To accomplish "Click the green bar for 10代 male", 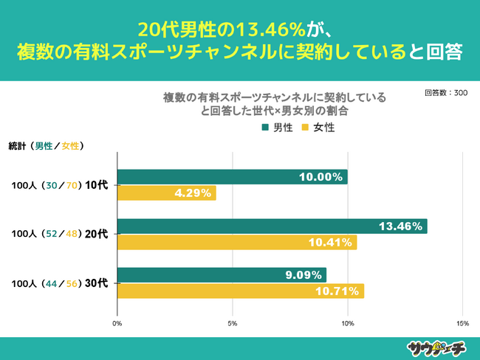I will click(x=232, y=177).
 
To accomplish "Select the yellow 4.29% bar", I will click(x=166, y=193).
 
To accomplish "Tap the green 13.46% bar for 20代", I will click(x=272, y=226).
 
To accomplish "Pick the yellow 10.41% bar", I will click(x=236, y=242).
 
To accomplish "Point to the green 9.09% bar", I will click(x=222, y=275).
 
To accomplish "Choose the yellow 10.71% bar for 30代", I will click(x=240, y=291).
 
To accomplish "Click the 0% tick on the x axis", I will click(x=117, y=323).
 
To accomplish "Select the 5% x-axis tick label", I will click(x=233, y=323).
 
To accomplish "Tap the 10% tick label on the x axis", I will click(x=348, y=323).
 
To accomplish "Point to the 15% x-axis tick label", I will click(x=462, y=323).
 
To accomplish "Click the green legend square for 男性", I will click(x=265, y=128).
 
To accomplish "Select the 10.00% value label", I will click(x=320, y=177).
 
